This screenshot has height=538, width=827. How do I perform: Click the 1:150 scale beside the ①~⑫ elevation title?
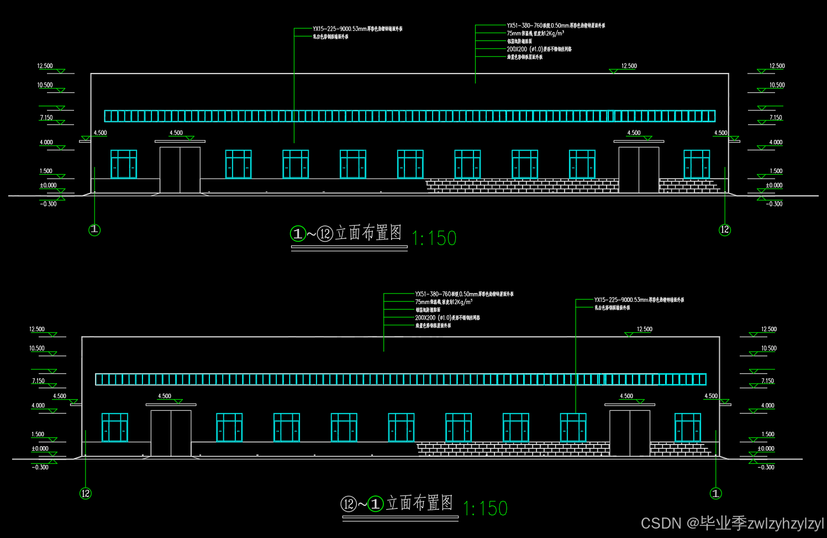pyautogui.click(x=434, y=238)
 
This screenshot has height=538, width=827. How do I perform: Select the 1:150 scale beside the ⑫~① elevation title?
pyautogui.click(x=485, y=508)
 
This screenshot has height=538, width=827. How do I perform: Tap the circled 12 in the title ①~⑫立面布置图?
pyautogui.click(x=325, y=234)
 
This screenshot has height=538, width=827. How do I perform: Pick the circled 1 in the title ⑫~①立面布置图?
pyautogui.click(x=376, y=504)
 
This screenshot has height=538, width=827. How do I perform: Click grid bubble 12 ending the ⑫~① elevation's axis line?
pyautogui.click(x=86, y=493)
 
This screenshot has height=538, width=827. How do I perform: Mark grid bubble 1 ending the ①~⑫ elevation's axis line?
pyautogui.click(x=94, y=229)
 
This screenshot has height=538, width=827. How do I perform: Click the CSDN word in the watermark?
pyautogui.click(x=661, y=523)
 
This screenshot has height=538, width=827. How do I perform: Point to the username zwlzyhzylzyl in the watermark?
pyautogui.click(x=785, y=523)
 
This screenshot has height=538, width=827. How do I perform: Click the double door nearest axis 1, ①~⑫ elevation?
pyautogui.click(x=180, y=170)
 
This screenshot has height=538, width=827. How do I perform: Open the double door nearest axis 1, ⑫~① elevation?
pyautogui.click(x=630, y=433)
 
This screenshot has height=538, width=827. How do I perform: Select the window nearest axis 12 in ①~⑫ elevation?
pyautogui.click(x=697, y=164)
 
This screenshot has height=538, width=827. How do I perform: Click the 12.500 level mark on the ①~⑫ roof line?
pyautogui.click(x=629, y=66)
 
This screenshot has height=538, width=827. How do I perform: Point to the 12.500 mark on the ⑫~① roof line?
pyautogui.click(x=644, y=330)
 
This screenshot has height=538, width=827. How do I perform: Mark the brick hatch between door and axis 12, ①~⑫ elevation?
pyautogui.click(x=691, y=185)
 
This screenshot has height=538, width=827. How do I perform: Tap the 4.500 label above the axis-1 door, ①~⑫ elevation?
pyautogui.click(x=176, y=133)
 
